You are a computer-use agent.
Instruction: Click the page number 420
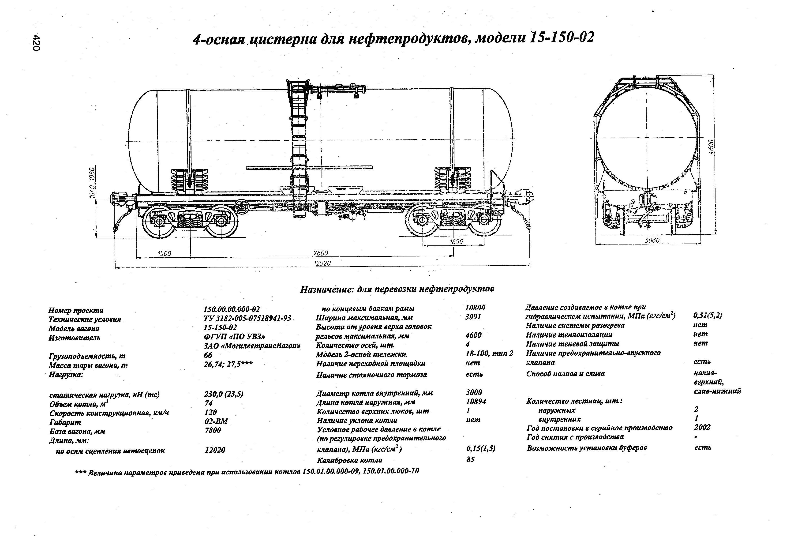tap(37, 43)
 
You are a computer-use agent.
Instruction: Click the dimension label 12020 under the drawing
tap(322, 263)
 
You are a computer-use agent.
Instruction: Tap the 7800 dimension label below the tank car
tap(320, 253)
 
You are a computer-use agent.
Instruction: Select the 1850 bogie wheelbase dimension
tap(456, 242)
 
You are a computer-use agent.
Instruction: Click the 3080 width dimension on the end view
tap(652, 240)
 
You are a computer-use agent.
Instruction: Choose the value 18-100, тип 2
tap(489, 353)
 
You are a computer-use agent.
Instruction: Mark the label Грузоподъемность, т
tap(87, 356)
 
